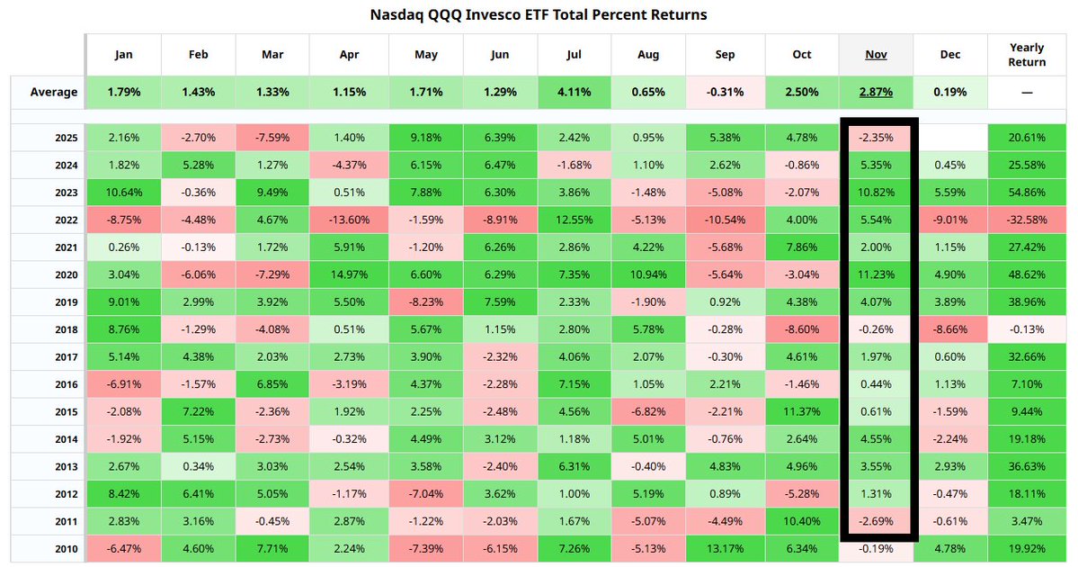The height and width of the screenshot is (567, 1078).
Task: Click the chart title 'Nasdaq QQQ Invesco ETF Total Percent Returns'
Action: [539, 14]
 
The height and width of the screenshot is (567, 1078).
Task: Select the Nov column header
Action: [876, 54]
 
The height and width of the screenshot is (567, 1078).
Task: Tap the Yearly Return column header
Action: [1027, 54]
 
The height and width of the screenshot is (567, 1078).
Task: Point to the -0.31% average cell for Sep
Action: [726, 92]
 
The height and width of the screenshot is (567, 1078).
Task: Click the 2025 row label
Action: [67, 138]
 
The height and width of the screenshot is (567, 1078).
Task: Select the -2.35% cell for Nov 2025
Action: [876, 138]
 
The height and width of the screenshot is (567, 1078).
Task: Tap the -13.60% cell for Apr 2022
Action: [349, 220]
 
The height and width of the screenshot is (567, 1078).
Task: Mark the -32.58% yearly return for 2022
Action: [1027, 220]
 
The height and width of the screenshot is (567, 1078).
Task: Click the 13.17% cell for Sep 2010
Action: [726, 548]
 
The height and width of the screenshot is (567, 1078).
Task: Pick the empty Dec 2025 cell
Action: [950, 138]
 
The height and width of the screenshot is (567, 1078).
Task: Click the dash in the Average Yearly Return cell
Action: [1027, 92]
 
